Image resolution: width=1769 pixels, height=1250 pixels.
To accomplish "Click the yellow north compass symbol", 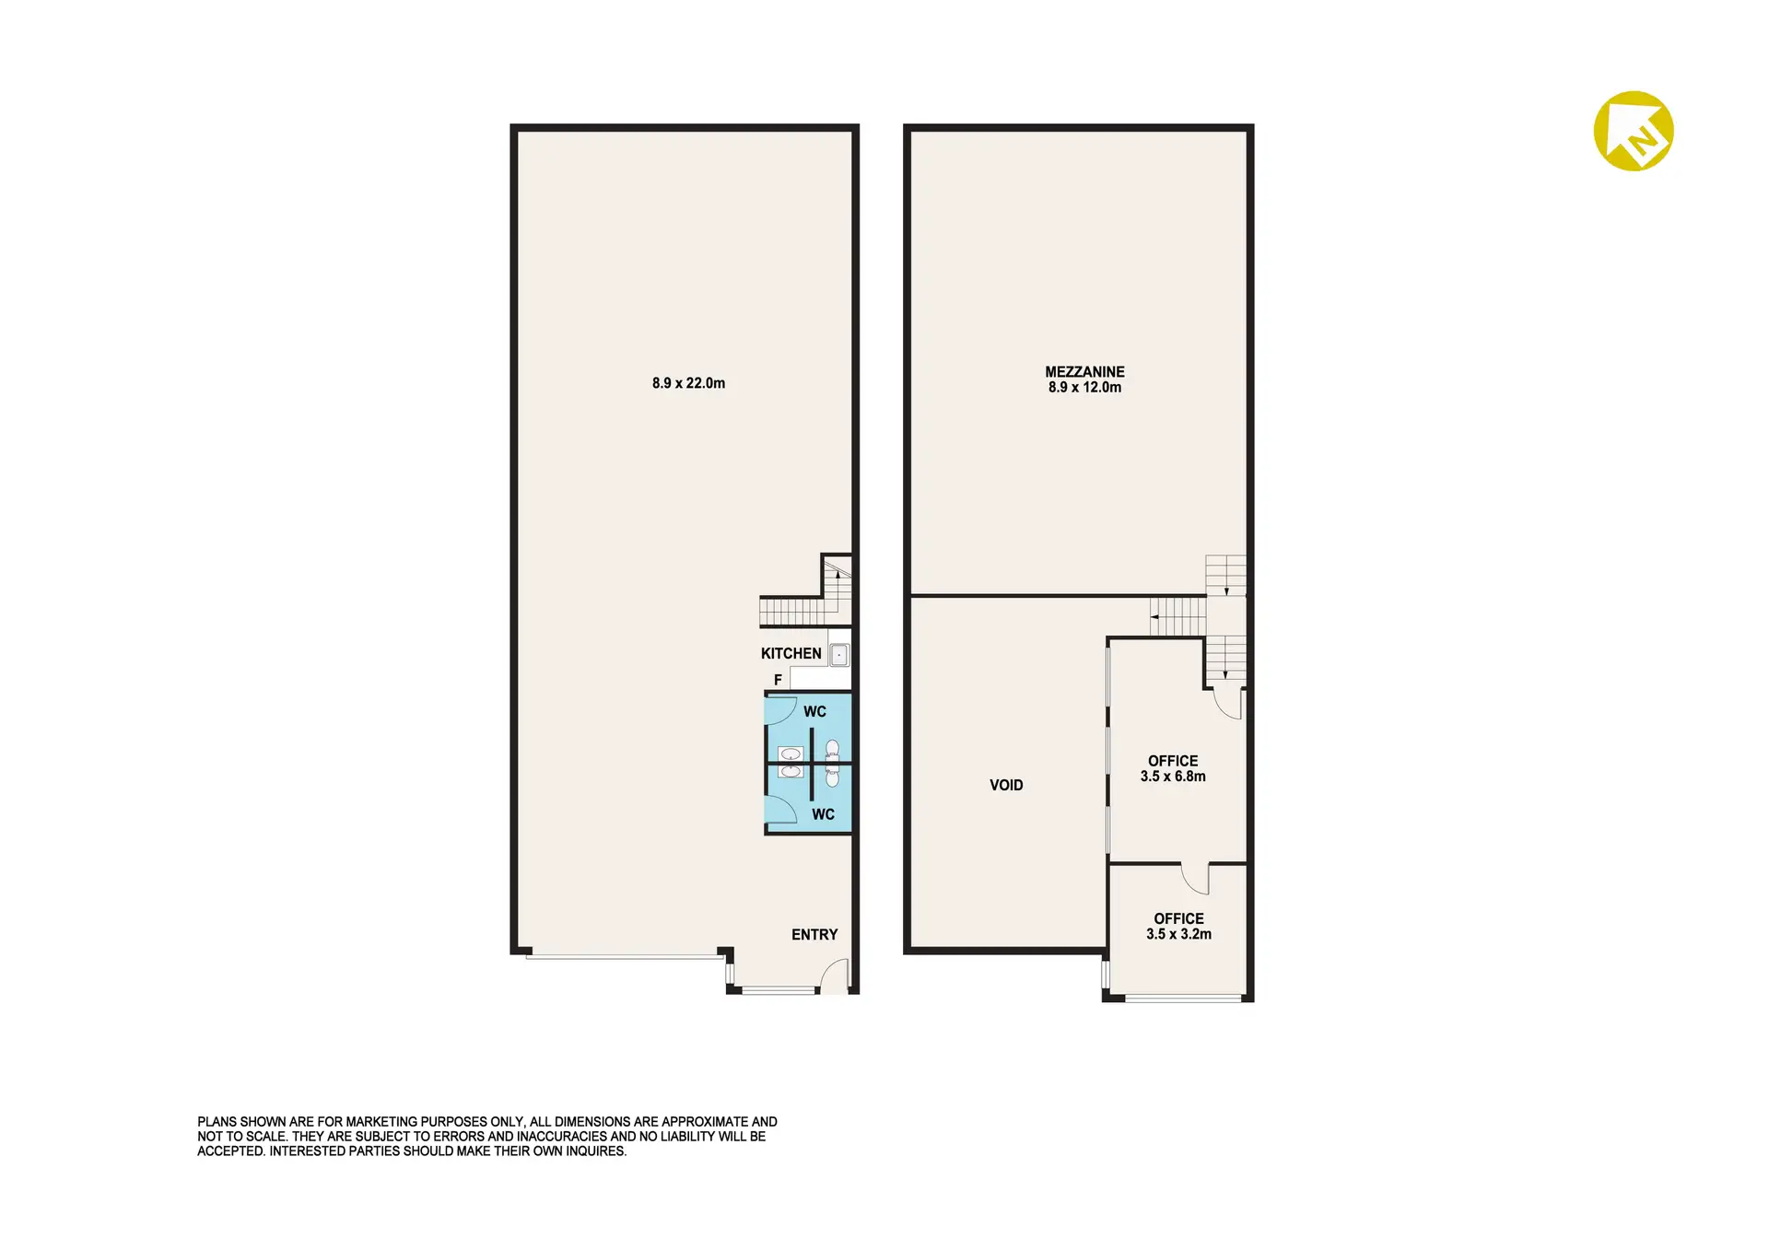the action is click(1634, 131).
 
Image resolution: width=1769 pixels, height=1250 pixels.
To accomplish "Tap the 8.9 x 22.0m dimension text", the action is click(688, 383).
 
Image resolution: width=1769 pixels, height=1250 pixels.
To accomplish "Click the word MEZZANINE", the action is click(1084, 372).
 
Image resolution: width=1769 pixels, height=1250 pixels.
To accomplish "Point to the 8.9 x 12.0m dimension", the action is click(1084, 388).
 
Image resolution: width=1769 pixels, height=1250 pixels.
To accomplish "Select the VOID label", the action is click(1006, 786).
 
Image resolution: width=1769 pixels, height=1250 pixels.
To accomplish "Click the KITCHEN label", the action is click(791, 654).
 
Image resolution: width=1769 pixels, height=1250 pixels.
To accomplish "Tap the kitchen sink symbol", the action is click(839, 655).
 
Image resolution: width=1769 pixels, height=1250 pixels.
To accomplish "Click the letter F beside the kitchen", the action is click(778, 680).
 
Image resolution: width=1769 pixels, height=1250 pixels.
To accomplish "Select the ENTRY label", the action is click(814, 935).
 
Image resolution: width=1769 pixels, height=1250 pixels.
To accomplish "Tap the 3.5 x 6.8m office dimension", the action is click(1173, 777).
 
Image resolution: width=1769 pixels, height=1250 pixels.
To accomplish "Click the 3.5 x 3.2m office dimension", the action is click(1178, 934).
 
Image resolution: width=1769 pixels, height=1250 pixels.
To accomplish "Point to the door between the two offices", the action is click(1194, 880).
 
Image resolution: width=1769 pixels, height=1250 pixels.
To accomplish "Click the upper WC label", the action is click(814, 712).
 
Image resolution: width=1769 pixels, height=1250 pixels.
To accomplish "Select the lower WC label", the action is click(823, 815).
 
